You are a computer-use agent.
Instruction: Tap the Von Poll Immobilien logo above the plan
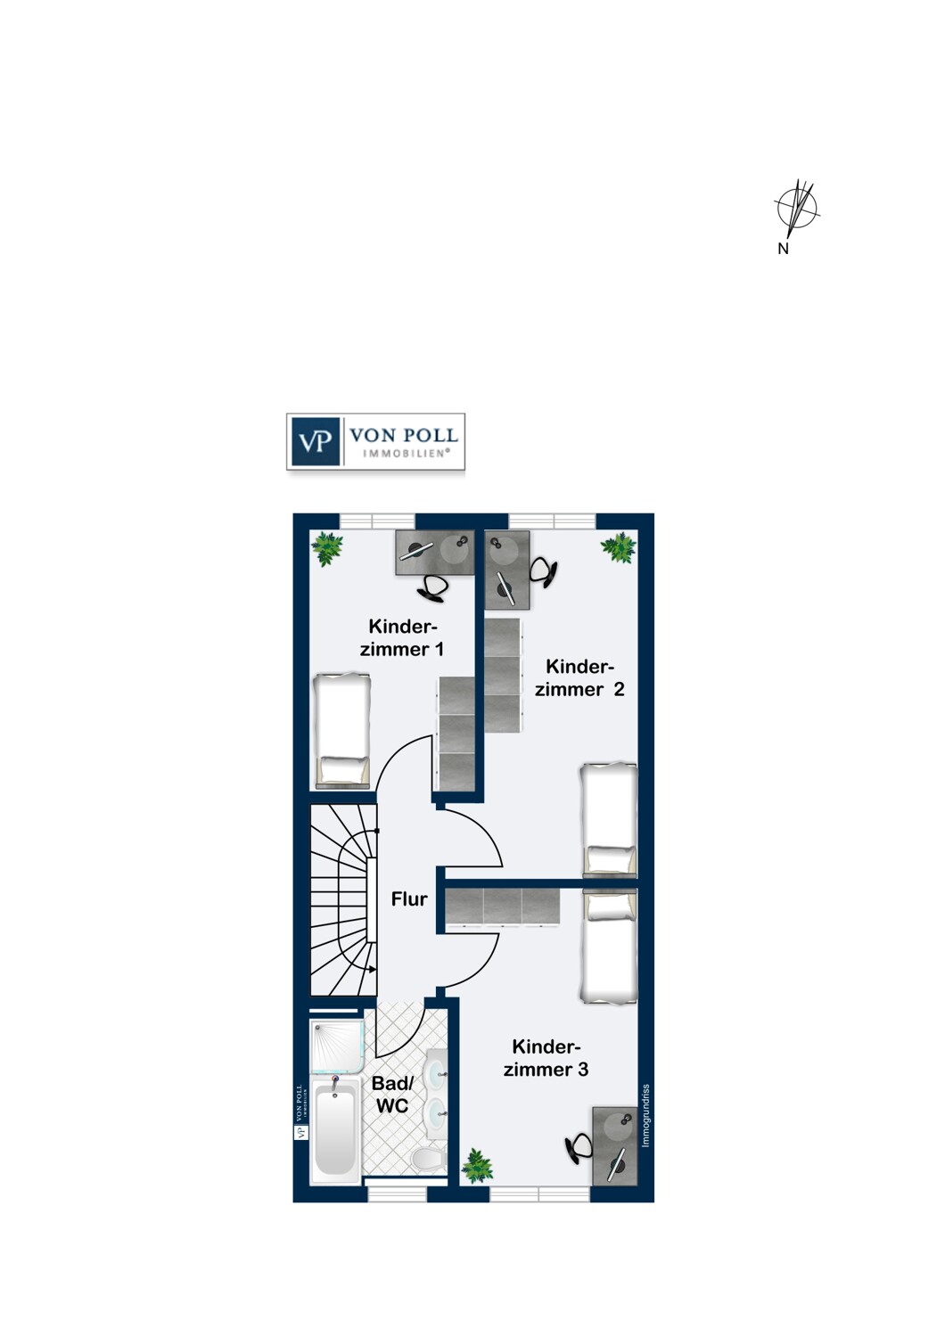point(375,441)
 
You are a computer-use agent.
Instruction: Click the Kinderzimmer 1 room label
point(402,638)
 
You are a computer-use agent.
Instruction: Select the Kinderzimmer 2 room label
point(579,677)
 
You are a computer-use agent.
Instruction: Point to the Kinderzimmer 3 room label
point(546,1058)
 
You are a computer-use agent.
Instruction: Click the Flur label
point(409,898)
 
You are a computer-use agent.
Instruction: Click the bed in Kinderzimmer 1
point(342,731)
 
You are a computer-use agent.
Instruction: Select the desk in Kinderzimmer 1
point(435,552)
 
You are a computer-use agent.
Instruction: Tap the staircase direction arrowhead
point(373,970)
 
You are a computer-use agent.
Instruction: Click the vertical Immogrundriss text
point(645,1116)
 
